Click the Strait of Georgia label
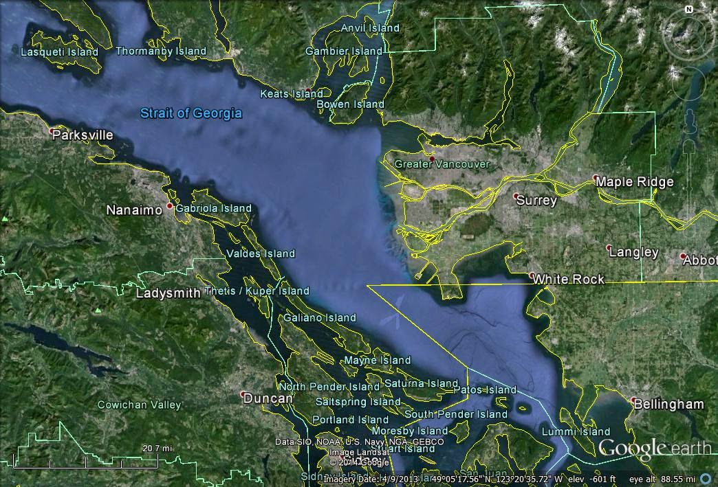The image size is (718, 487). tap(191, 113)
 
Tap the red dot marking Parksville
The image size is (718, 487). tap(52, 130)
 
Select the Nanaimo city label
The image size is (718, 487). tap(133, 210)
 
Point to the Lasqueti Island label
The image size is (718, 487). tap(59, 52)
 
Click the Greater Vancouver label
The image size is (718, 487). tap(442, 164)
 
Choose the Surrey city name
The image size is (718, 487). tap(536, 201)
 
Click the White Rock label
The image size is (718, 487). tap(569, 279)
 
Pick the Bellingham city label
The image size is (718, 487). tap(668, 404)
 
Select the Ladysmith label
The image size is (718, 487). tap(168, 293)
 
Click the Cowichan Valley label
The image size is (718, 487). tap(139, 405)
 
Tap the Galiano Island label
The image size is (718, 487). tap(320, 317)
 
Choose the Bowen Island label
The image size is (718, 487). tap(350, 104)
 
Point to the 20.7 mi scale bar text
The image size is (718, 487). tap(157, 448)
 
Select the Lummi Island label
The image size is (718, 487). tap(576, 431)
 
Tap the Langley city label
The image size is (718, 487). tap(633, 252)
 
